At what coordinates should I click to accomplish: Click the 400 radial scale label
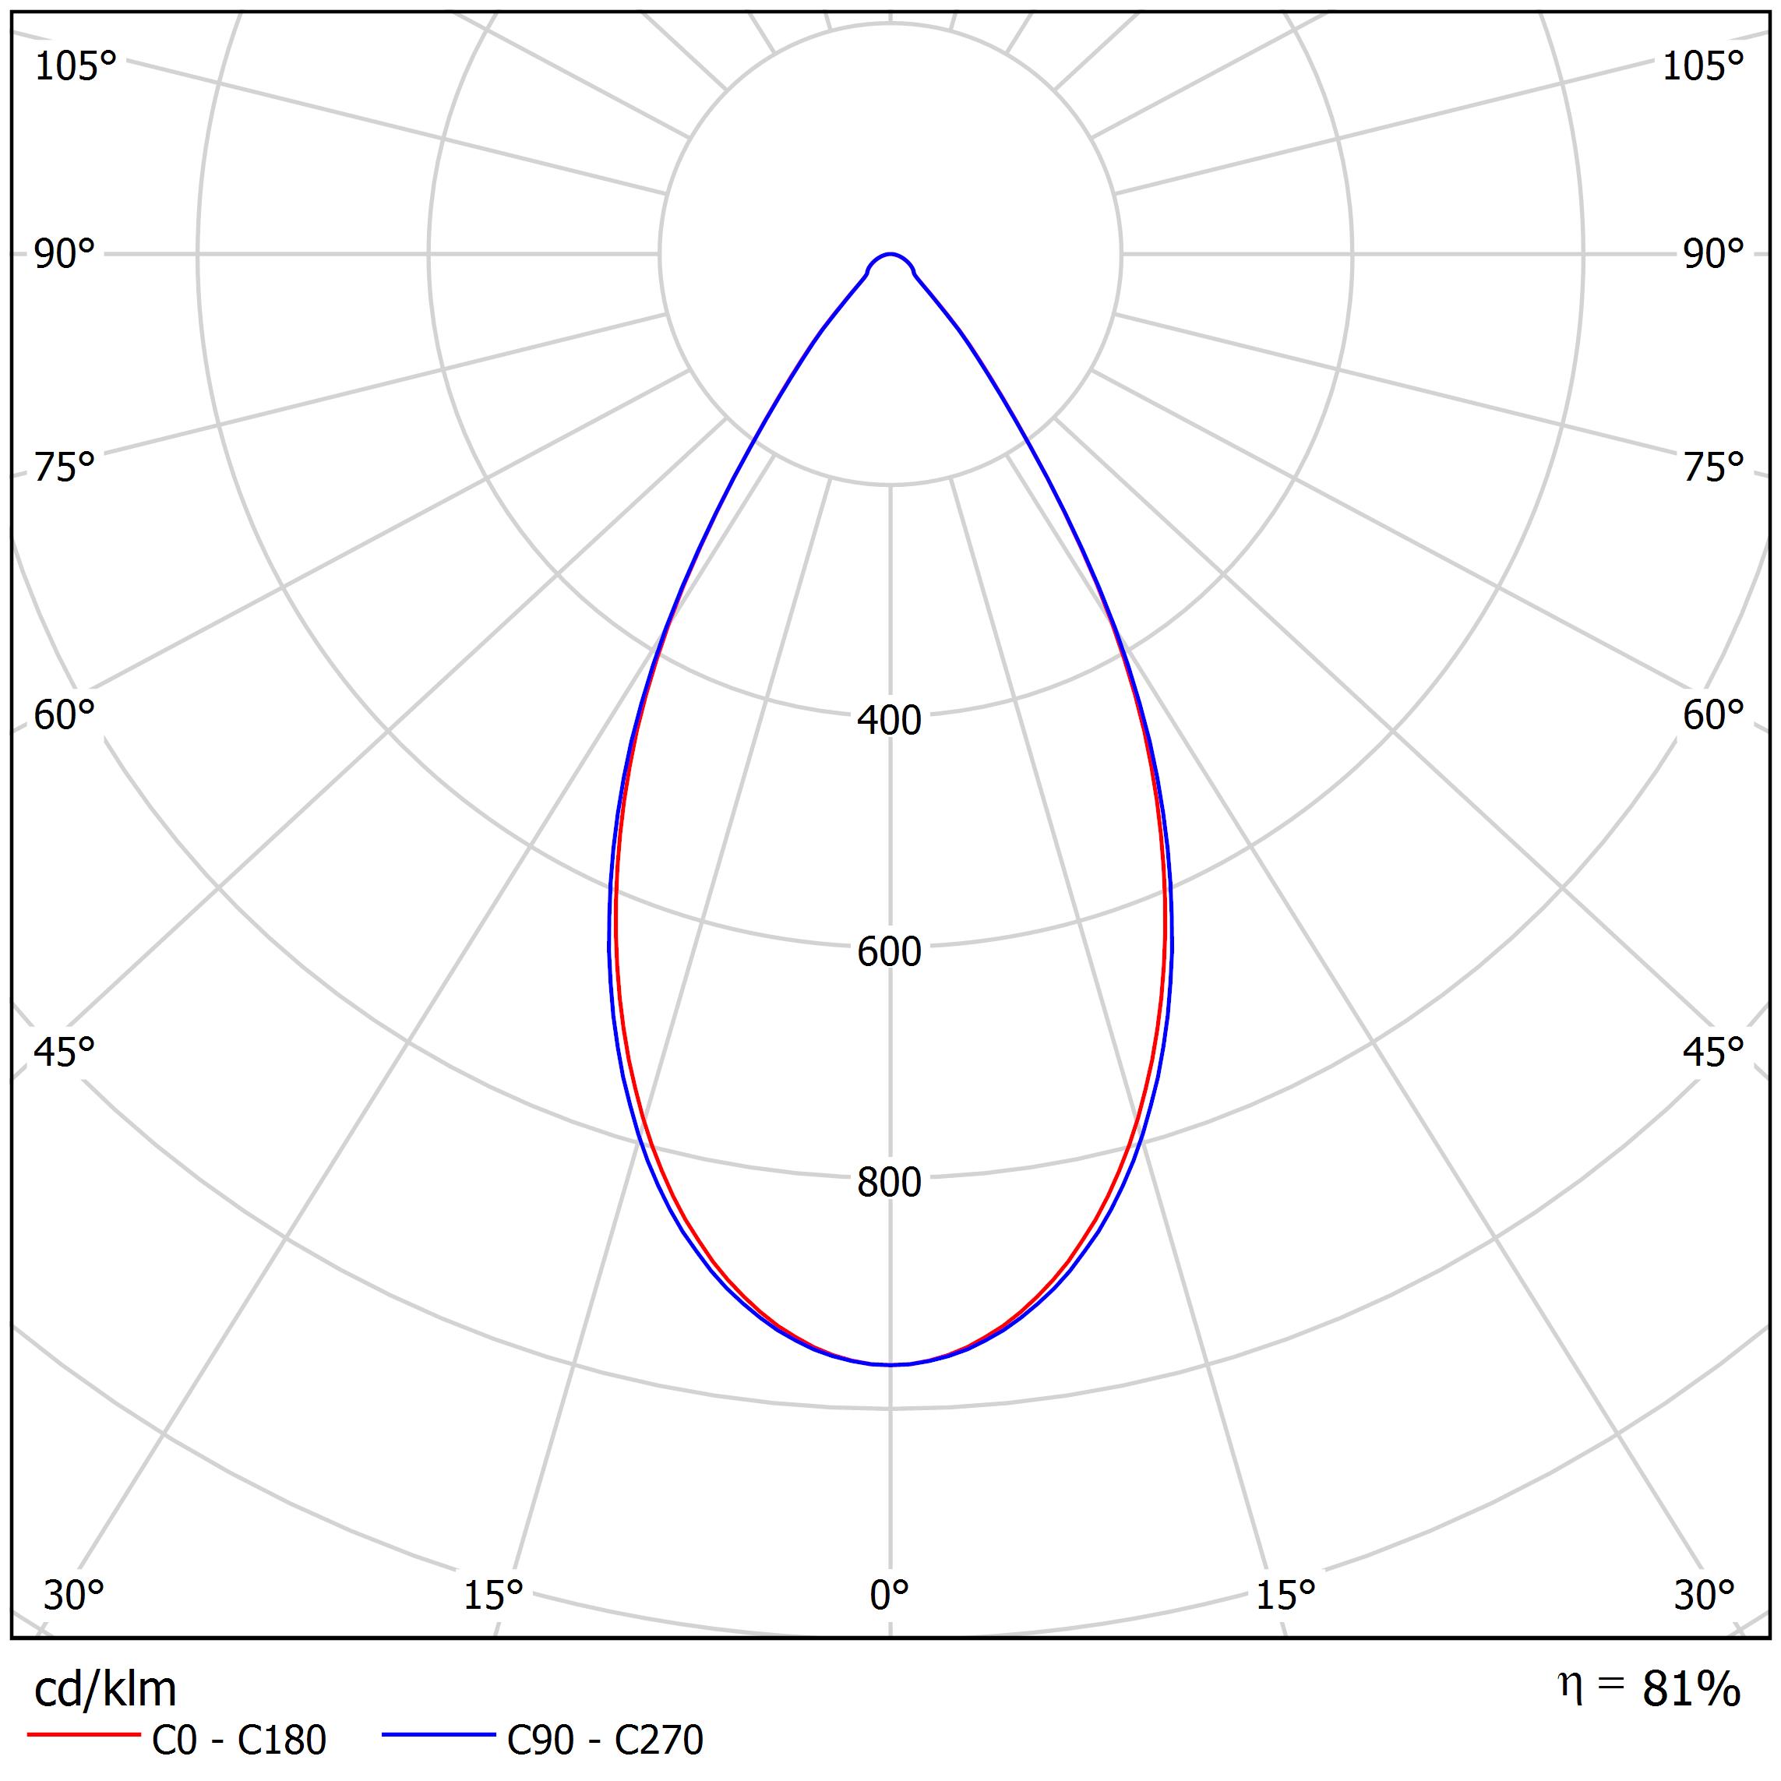(x=889, y=721)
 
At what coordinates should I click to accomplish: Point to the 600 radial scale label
(x=889, y=952)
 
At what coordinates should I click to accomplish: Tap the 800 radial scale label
(x=889, y=1183)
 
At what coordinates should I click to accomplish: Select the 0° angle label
(x=889, y=1595)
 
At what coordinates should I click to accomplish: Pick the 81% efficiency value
(x=1691, y=1690)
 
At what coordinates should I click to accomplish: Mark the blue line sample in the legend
(x=439, y=1735)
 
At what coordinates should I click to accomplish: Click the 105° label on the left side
(x=76, y=66)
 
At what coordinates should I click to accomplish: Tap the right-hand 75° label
(x=1712, y=468)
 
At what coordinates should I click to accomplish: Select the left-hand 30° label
(x=74, y=1596)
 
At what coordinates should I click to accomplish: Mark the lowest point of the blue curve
(x=890, y=1365)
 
